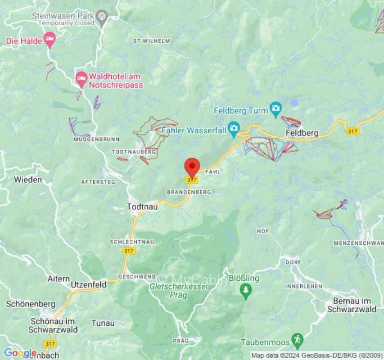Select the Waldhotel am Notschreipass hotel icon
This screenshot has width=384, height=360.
pyautogui.click(x=81, y=80)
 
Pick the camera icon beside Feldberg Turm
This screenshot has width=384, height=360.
pyautogui.click(x=276, y=109)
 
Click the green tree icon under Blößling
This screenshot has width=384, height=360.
pyautogui.click(x=245, y=291)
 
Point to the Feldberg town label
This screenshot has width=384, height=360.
pyautogui.click(x=302, y=133)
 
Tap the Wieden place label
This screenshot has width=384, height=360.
pyautogui.click(x=28, y=180)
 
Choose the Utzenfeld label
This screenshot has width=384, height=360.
pyautogui.click(x=89, y=285)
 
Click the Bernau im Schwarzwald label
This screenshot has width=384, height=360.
pyautogui.click(x=352, y=305)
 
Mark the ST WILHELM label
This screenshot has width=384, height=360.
pyautogui.click(x=152, y=41)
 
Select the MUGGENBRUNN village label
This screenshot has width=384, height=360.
pyautogui.click(x=90, y=139)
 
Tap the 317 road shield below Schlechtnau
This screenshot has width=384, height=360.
pyautogui.click(x=129, y=251)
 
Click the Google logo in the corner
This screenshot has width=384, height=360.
pyautogui.click(x=20, y=353)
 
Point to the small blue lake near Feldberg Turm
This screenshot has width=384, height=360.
pyautogui.click(x=294, y=103)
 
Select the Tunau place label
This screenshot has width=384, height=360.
pyautogui.click(x=103, y=323)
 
